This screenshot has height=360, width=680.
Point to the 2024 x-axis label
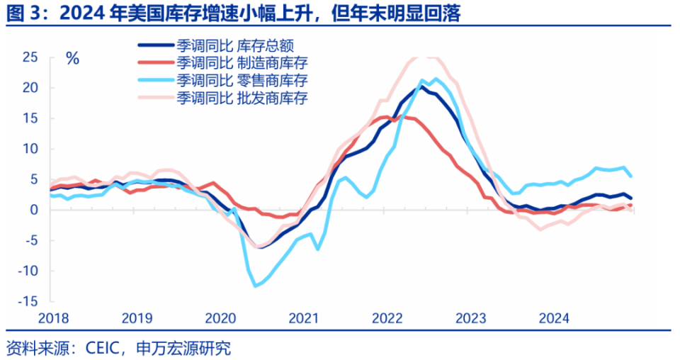pos(554,317)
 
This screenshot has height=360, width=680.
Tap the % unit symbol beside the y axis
pos(72,59)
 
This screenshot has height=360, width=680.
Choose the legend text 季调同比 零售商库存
pos(242,79)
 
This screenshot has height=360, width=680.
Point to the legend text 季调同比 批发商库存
pos(242,96)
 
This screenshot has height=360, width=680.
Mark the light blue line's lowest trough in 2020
pos(256,286)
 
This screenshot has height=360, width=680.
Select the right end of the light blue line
pos(631,176)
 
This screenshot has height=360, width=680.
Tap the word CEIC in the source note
pos(104,348)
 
